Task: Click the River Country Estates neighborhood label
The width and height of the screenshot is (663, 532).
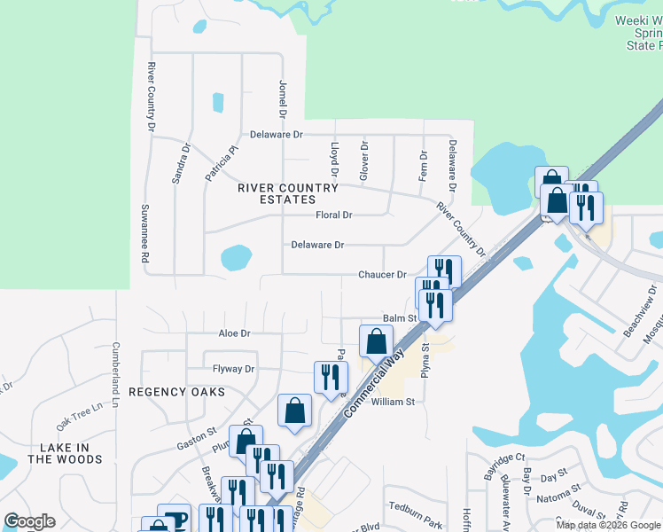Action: coord(288,194)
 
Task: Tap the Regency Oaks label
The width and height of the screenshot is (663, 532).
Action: coord(175,391)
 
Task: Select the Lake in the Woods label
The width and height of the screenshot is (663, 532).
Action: coord(65,453)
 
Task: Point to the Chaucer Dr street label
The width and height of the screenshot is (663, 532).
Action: coord(382,275)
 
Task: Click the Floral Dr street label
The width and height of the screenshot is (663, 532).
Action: coord(334,215)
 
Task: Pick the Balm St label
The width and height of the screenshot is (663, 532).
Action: coord(399,317)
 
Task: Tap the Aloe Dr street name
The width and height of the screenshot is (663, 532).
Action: coord(235,333)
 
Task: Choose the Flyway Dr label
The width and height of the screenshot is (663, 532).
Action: coord(233,369)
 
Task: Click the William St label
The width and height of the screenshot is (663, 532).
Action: coord(393,402)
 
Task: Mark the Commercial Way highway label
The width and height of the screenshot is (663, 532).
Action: coord(378,372)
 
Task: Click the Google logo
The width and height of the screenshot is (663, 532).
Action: coord(29,521)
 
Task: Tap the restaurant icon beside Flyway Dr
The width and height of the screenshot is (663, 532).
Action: coord(330,377)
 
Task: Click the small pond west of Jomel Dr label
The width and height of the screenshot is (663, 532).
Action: coord(217,102)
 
